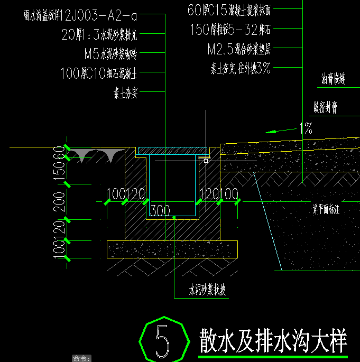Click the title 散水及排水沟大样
pos(273,340)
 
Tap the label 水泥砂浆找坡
pos(208,290)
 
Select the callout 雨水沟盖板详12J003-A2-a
pos(80,15)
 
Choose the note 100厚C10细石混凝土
pos(99,73)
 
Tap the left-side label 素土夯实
pos(125,93)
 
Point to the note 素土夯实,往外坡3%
pos(241,68)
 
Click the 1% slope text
pos(306,128)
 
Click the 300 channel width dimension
pos(160,211)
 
